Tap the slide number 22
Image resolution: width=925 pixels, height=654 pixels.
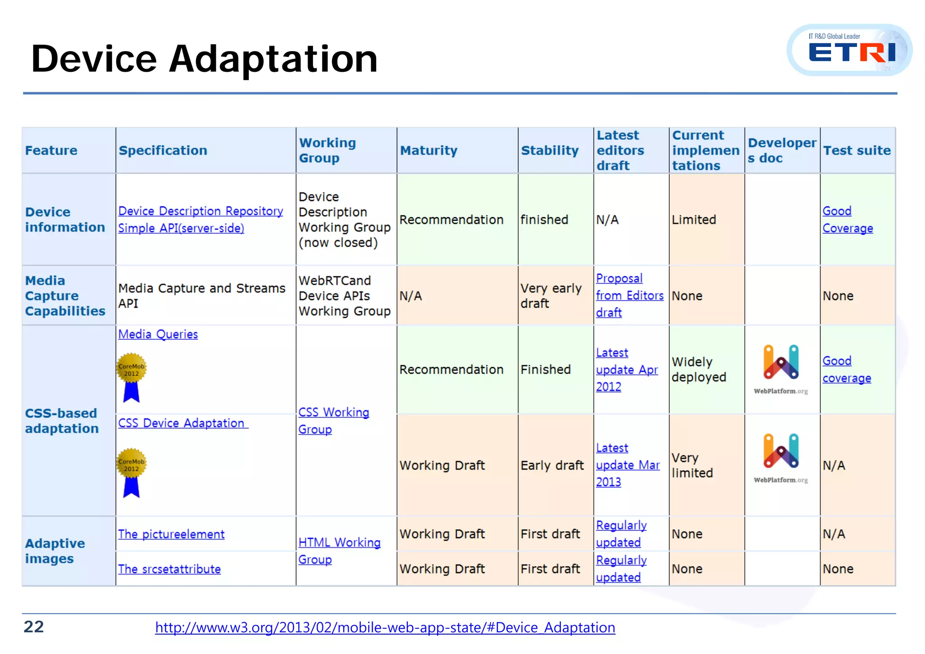coord(34,626)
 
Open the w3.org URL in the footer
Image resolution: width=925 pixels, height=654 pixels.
coord(385,627)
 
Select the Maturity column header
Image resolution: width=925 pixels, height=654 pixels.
coord(429,150)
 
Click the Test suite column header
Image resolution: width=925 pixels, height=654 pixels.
coord(857,150)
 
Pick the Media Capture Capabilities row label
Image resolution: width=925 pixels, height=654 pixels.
coord(65,296)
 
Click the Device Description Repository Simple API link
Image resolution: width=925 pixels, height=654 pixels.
coord(200,220)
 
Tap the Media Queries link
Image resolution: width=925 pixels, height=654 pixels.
coord(158,334)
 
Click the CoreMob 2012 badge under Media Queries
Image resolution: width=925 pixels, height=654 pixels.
coord(131,377)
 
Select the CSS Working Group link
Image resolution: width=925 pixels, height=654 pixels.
coord(333,420)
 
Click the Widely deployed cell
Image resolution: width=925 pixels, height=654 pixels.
coord(698,369)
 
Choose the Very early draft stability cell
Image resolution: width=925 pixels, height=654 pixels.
coord(551,296)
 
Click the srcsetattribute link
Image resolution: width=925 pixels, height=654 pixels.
coord(169,569)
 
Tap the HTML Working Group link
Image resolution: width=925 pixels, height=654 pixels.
coord(339,551)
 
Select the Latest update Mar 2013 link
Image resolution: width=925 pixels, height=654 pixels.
coord(627,465)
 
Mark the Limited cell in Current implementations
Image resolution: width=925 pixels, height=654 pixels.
coord(694,220)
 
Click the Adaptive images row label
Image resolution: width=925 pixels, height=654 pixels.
coord(55,551)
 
